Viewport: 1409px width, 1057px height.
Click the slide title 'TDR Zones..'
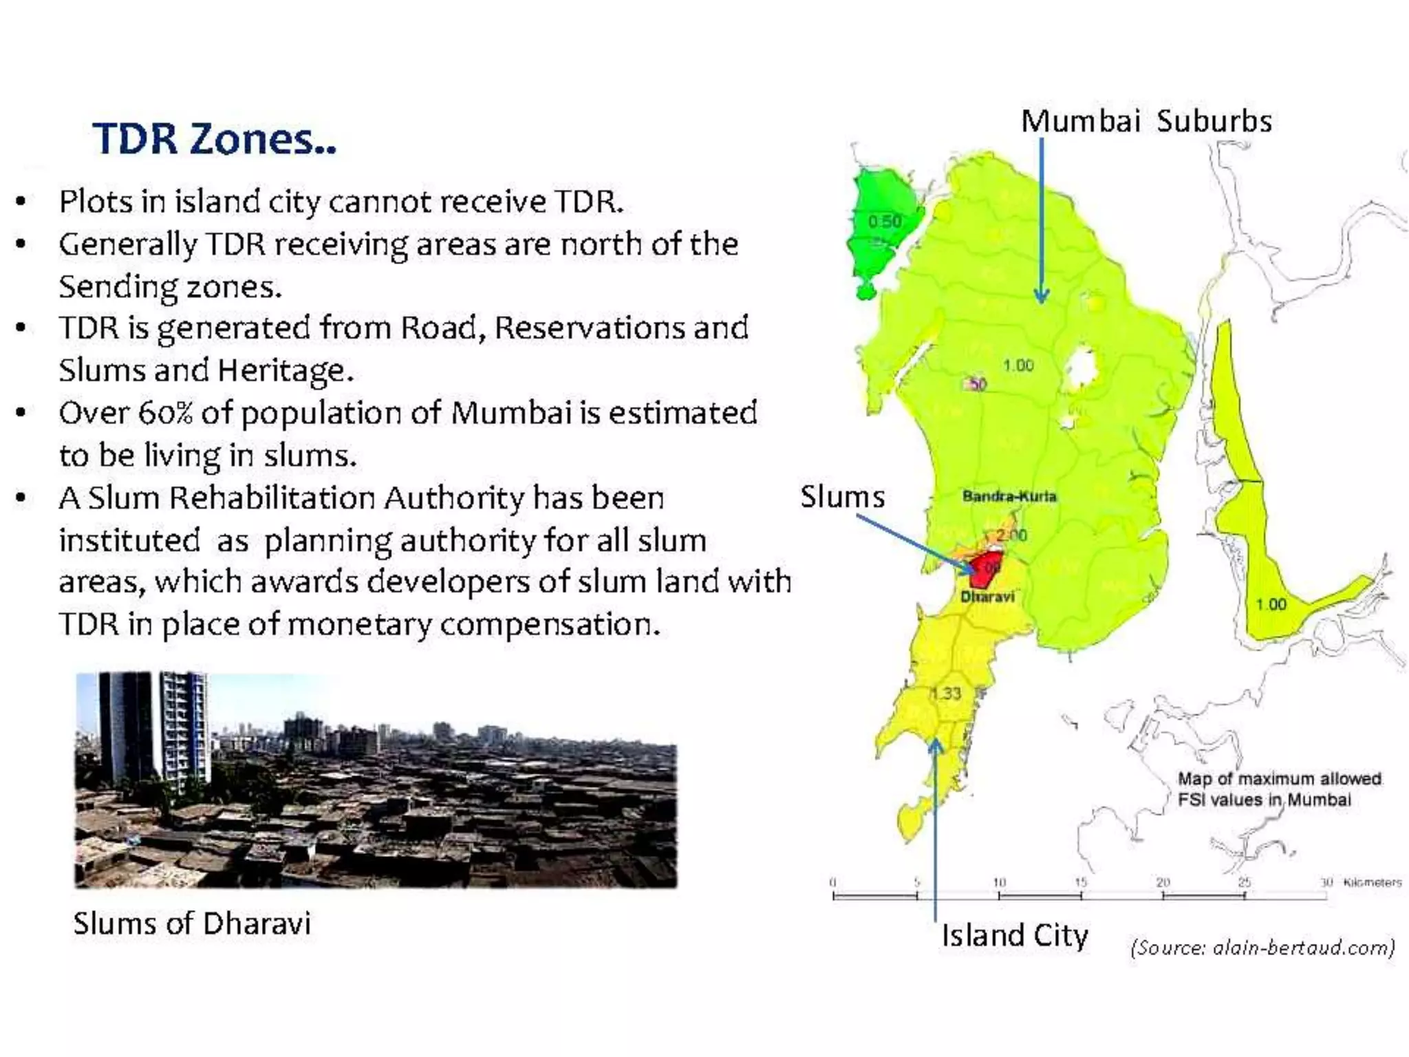[215, 139]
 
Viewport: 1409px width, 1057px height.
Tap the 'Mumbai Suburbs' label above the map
[1146, 121]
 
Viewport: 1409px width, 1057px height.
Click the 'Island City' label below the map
[1014, 935]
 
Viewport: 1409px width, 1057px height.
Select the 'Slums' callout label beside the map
[842, 496]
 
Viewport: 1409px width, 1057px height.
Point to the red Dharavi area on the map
[985, 568]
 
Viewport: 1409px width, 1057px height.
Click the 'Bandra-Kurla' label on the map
[1009, 496]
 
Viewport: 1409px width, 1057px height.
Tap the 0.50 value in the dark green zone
[884, 222]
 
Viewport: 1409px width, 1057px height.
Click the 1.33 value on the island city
[946, 693]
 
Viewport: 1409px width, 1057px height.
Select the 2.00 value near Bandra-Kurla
[1011, 535]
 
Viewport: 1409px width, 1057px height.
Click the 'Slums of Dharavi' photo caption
[192, 923]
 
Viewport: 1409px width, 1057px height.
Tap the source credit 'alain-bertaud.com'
[1302, 948]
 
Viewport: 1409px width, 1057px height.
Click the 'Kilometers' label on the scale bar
[1372, 882]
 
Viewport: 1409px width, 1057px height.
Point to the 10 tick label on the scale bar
[999, 882]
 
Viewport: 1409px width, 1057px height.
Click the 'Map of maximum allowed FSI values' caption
[1278, 789]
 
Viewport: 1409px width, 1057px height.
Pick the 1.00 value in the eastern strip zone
[1270, 604]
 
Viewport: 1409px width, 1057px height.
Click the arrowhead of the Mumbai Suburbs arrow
[1042, 297]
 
